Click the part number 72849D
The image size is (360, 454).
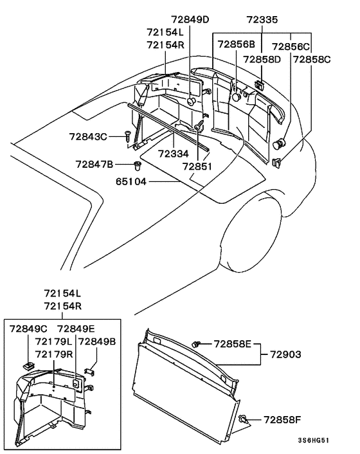(190, 19)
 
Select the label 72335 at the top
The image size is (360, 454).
(262, 20)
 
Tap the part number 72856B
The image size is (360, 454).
(236, 44)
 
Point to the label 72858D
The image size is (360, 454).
(262, 59)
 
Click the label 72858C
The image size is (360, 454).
(312, 59)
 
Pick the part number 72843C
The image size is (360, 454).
(88, 136)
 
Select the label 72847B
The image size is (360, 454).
(94, 164)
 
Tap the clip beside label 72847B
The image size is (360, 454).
(138, 166)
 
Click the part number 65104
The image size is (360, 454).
(131, 181)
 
